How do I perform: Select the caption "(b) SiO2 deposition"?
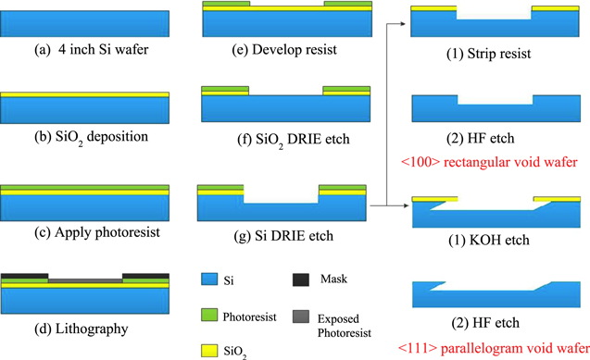(x=85, y=138)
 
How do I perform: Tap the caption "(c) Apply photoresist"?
(x=85, y=231)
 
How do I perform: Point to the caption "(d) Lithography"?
(x=85, y=328)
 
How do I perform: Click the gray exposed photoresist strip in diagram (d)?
(x=85, y=279)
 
